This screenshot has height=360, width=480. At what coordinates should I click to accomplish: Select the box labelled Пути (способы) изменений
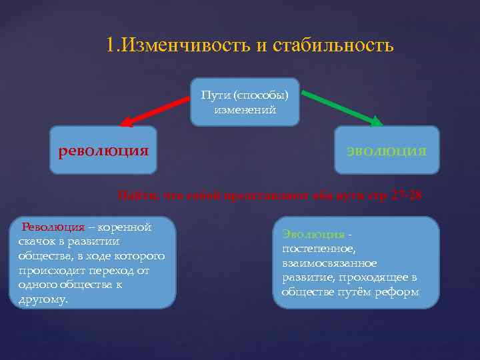click(245, 102)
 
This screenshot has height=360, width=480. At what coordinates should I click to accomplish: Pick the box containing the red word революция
click(103, 150)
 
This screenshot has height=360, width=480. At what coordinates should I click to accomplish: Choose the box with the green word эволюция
click(387, 150)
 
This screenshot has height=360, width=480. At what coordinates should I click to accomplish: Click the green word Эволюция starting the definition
click(313, 235)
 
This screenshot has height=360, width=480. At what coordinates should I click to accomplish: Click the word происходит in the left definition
click(49, 271)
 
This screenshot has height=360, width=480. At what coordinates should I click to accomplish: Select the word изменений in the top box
click(245, 109)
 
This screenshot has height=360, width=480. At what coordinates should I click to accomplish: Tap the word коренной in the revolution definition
click(127, 227)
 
